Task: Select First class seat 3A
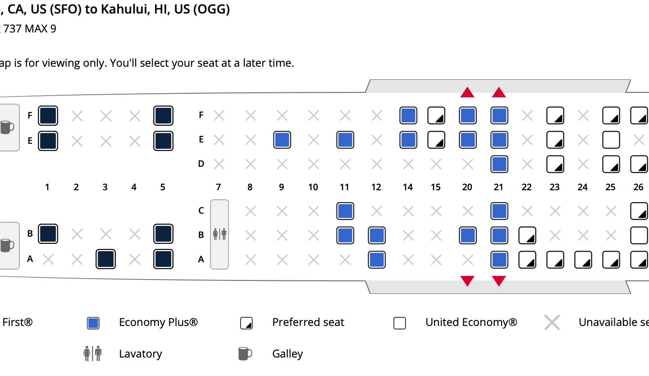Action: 105,259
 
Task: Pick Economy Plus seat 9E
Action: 282,140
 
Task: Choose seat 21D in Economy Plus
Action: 499,164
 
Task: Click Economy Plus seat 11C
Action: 345,211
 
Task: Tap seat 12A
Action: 376,260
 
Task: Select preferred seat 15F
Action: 436,115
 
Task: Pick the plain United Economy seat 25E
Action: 611,140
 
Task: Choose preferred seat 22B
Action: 527,235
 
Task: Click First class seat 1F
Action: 48,116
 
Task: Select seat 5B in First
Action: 163,234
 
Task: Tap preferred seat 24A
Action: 583,260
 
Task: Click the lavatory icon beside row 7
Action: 219,234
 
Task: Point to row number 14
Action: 407,187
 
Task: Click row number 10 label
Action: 313,187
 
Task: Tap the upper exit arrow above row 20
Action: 467,92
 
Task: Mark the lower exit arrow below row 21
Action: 499,280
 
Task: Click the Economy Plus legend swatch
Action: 93,323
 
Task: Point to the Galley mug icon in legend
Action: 245,353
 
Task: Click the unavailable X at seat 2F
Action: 77,116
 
